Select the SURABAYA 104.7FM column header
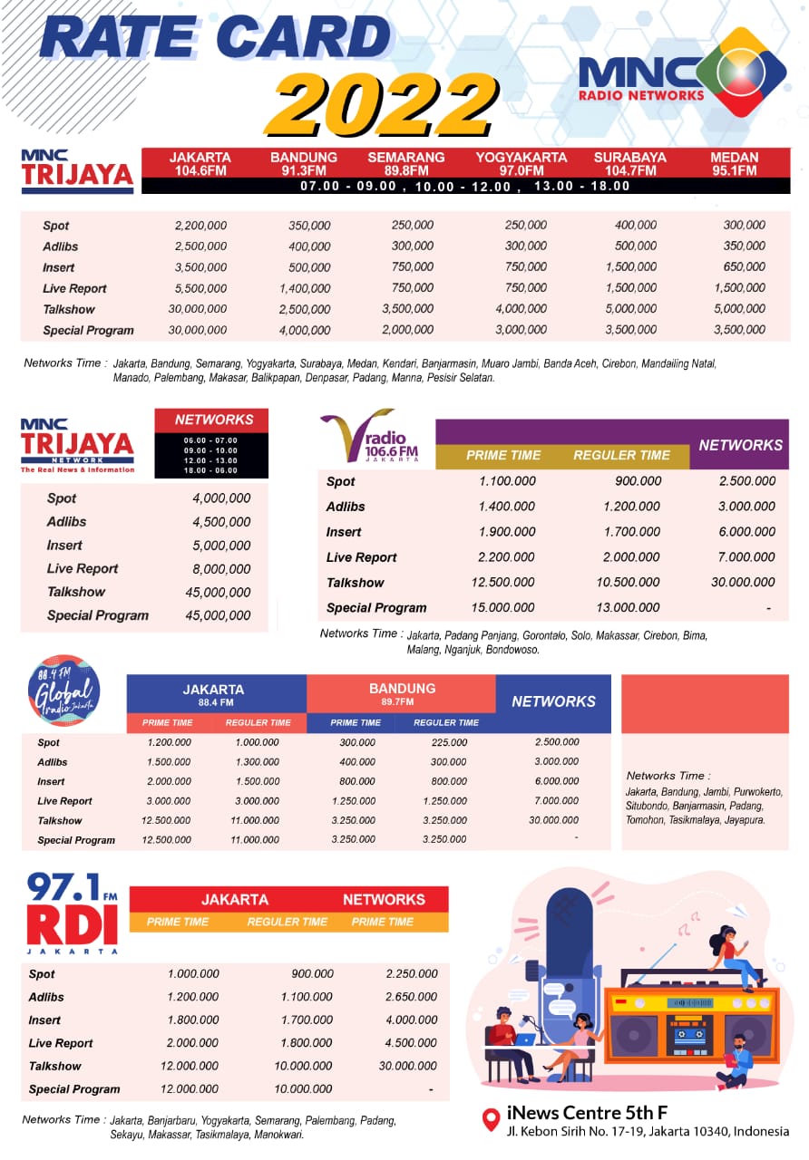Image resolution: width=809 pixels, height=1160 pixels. [x=629, y=163]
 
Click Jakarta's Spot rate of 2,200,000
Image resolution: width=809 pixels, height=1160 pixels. [x=200, y=226]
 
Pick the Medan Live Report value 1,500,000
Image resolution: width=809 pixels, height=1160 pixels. [x=738, y=288]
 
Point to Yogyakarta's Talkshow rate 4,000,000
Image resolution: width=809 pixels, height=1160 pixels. [x=521, y=309]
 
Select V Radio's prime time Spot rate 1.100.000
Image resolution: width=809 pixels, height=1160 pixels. [x=507, y=481]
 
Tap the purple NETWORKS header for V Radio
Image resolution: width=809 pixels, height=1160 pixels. [x=740, y=445]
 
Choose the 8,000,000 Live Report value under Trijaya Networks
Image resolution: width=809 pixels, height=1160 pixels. [x=221, y=569]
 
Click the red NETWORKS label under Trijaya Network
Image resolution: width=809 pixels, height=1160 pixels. [x=214, y=420]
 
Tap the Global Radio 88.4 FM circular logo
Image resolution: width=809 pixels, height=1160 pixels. [x=63, y=691]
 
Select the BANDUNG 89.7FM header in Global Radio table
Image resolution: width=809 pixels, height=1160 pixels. [x=402, y=693]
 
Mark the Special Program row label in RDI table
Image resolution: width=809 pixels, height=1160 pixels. [x=74, y=1089]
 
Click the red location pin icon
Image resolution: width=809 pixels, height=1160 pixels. [x=491, y=1119]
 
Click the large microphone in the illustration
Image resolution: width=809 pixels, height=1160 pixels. [x=566, y=942]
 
